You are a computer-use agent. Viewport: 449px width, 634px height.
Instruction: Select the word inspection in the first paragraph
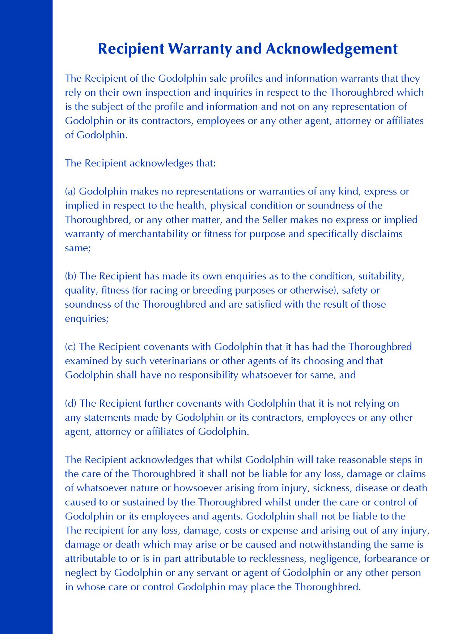pyautogui.click(x=168, y=93)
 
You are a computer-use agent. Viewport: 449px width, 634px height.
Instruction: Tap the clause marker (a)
pyautogui.click(x=71, y=191)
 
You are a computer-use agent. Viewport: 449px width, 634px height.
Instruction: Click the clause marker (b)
pyautogui.click(x=71, y=276)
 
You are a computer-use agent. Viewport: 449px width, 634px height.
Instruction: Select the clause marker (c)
pyautogui.click(x=71, y=347)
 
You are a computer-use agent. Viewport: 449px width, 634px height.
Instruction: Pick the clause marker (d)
pyautogui.click(x=71, y=403)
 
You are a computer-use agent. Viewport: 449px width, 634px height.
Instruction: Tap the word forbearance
pyautogui.click(x=391, y=559)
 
